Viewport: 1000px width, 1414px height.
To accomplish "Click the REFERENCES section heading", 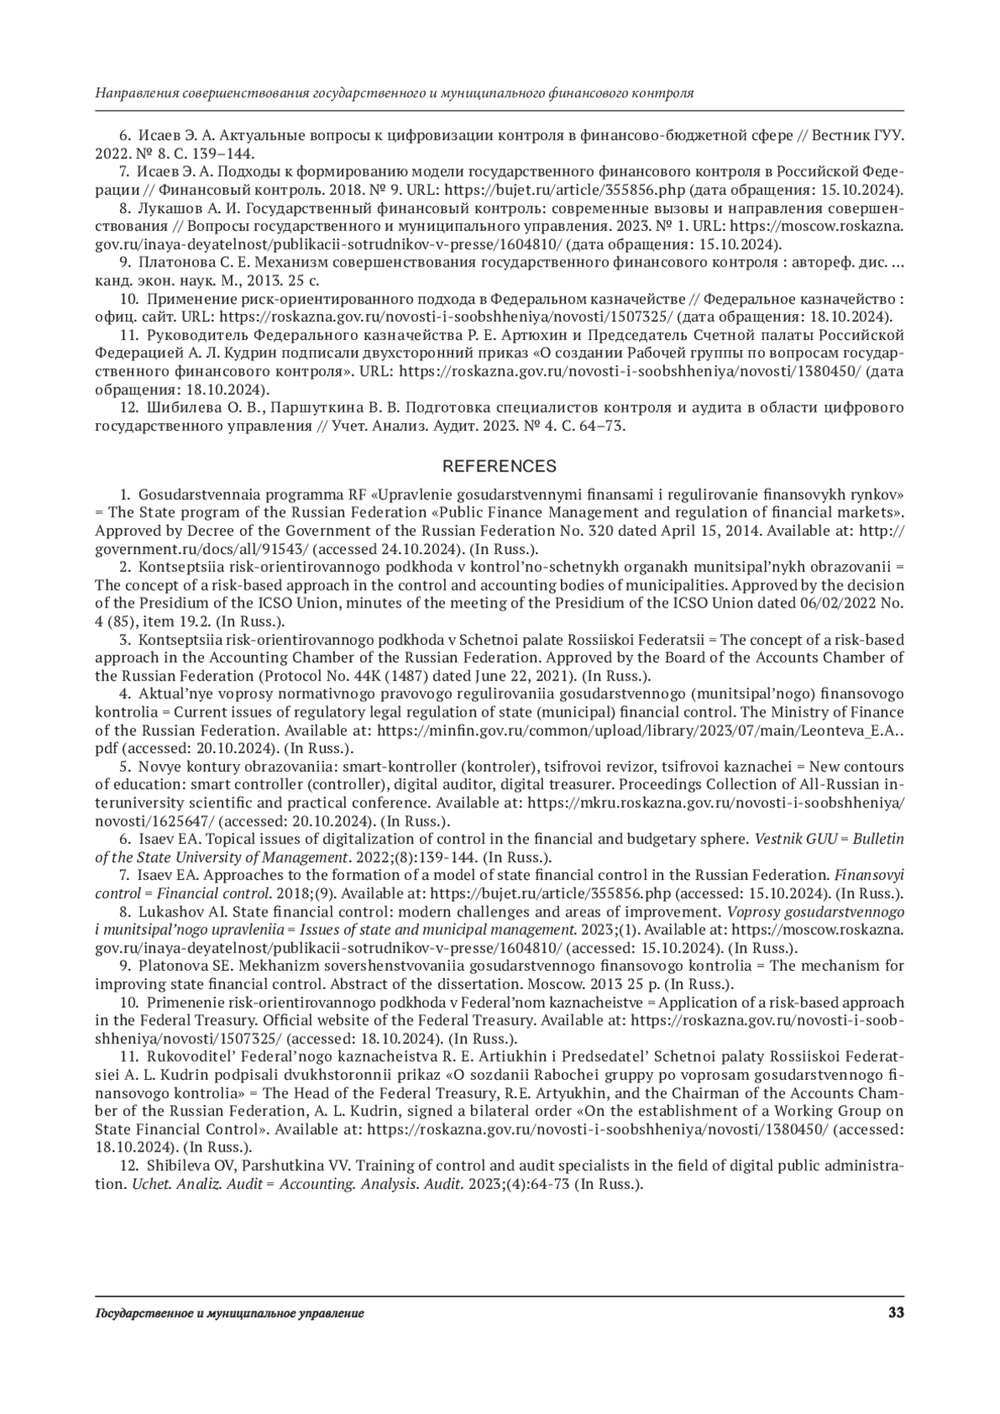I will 499,466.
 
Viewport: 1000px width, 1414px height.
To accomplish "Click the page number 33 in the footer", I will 896,1313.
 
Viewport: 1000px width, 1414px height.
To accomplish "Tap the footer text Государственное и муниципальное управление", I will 230,1314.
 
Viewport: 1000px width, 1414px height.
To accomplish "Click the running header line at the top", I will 395,93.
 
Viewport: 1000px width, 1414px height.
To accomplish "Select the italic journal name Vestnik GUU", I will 790,839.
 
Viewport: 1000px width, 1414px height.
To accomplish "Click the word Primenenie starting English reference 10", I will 182,1002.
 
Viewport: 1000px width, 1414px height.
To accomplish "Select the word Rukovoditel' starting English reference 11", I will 188,1057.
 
